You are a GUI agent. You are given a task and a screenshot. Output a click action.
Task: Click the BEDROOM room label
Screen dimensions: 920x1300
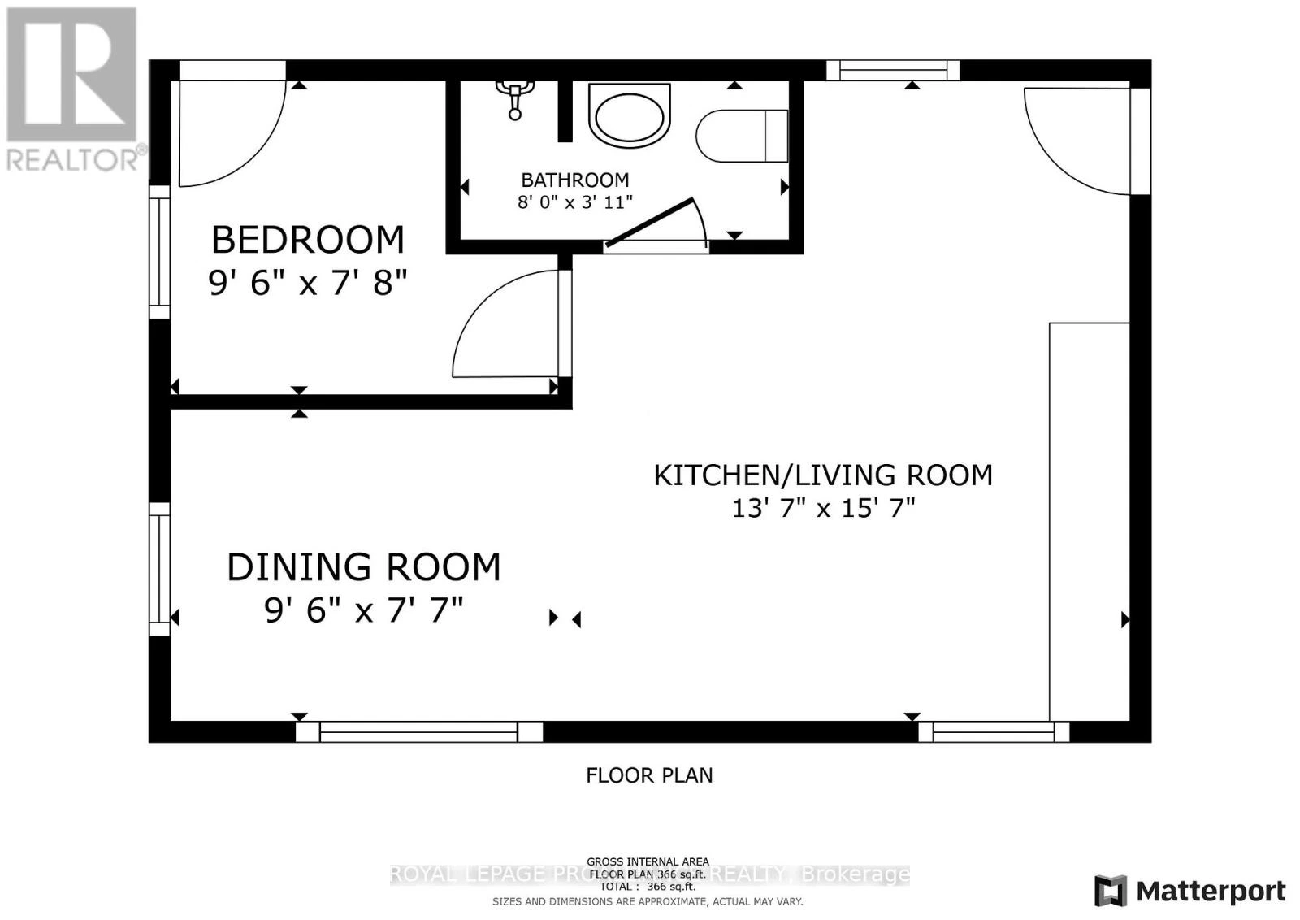(x=307, y=241)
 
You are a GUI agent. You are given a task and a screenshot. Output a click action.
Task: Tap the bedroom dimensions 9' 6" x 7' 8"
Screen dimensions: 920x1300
(x=307, y=283)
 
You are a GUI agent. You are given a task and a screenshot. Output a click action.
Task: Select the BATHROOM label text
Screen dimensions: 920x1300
(x=574, y=180)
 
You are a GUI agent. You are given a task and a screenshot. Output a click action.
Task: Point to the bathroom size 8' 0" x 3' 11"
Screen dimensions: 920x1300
(x=574, y=202)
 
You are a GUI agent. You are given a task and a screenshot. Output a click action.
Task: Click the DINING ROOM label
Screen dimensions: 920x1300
(x=363, y=567)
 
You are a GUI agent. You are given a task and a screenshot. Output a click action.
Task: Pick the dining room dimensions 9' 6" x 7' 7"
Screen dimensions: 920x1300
(x=363, y=610)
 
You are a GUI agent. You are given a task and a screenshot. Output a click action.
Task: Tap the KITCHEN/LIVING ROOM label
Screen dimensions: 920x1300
(x=823, y=475)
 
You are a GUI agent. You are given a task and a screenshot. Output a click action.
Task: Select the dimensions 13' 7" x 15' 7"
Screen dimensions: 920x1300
(x=823, y=509)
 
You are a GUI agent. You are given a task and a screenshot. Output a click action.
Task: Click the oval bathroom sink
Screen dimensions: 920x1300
(x=630, y=115)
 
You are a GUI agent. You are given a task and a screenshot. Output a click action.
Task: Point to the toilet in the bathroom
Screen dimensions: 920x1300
(x=742, y=136)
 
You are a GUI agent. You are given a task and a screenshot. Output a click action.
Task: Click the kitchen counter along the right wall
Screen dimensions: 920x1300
(x=1089, y=520)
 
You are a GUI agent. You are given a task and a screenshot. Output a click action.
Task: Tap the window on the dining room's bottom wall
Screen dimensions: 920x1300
(x=418, y=731)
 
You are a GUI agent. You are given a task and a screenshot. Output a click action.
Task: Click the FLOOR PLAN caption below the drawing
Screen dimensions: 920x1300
(x=649, y=775)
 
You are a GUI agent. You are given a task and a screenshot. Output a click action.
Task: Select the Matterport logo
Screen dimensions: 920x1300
(x=1190, y=892)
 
